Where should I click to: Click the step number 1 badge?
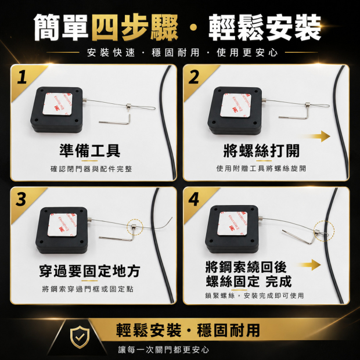tap(22, 77)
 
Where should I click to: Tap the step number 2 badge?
tap(193, 77)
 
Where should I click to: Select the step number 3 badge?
tap(21, 199)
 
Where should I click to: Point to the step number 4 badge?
tap(193, 199)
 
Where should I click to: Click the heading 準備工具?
tap(90, 150)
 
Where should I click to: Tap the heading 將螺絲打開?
tap(261, 150)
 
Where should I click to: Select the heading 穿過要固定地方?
tap(89, 271)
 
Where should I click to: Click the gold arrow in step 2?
tap(315, 136)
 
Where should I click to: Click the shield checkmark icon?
tap(80, 337)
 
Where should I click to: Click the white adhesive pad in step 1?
tap(57, 104)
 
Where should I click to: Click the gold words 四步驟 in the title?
tap(135, 27)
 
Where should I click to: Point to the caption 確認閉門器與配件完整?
tap(91, 169)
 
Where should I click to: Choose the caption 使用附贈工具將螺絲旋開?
tap(261, 168)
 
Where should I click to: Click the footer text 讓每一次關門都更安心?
tap(164, 350)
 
